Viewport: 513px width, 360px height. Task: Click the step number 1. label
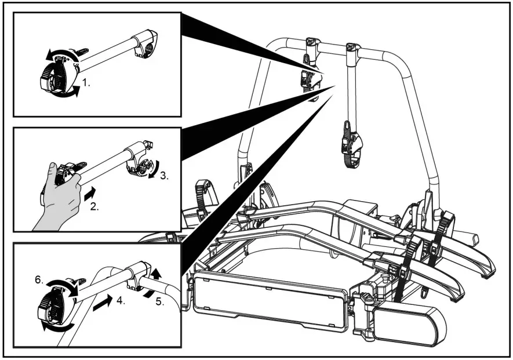pos(86,83)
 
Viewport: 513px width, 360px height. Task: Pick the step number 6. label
pos(38,279)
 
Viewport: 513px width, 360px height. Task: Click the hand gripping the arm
pos(61,197)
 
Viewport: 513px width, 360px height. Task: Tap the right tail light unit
pos(408,324)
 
